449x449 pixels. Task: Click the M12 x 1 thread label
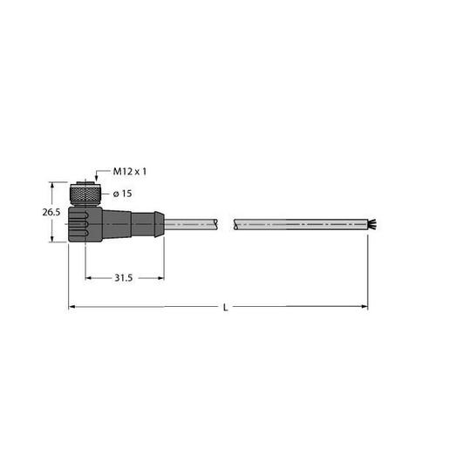pos(130,172)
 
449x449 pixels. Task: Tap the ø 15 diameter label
pos(122,194)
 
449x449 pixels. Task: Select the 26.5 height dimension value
pos(51,212)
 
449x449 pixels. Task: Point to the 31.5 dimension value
pos(124,278)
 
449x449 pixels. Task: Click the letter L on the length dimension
pos(226,308)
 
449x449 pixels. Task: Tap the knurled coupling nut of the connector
pos(85,194)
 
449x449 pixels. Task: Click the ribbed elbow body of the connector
pos(85,224)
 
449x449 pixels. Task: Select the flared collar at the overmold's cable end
pos(160,224)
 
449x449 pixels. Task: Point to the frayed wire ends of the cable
pos(372,224)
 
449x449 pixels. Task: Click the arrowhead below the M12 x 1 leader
pos(96,180)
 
